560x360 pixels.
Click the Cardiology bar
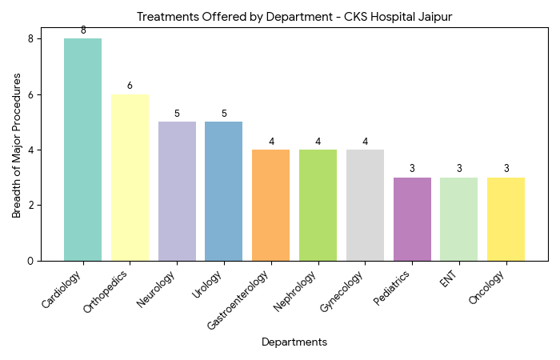pyautogui.click(x=83, y=150)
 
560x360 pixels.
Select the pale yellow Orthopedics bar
pyautogui.click(x=130, y=178)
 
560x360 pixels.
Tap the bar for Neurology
pyautogui.click(x=177, y=191)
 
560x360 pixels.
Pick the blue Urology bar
pyautogui.click(x=224, y=191)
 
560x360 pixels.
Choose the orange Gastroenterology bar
pyautogui.click(x=270, y=206)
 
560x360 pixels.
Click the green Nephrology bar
pyautogui.click(x=318, y=206)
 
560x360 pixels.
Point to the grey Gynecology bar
pyautogui.click(x=365, y=206)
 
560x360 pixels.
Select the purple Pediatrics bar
pyautogui.click(x=412, y=219)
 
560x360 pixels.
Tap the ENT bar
pyautogui.click(x=458, y=219)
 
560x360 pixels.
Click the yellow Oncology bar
pyautogui.click(x=506, y=219)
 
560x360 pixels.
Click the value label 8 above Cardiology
pyautogui.click(x=83, y=30)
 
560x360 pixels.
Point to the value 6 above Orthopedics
pyautogui.click(x=130, y=86)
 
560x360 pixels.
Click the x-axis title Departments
pyautogui.click(x=294, y=342)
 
